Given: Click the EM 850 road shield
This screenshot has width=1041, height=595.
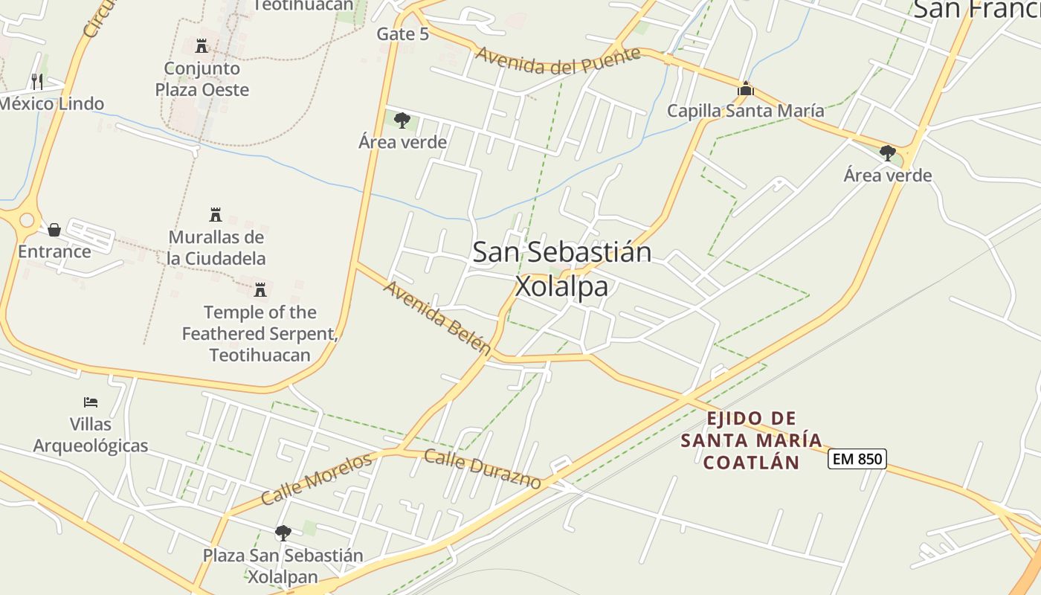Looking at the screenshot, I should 857,459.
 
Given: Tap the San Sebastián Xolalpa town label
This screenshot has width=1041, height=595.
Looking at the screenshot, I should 562,268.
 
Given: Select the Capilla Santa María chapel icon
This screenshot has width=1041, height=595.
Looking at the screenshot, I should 746,89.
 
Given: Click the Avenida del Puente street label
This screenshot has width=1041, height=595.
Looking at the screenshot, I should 558,60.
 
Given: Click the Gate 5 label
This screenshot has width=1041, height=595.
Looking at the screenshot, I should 402,33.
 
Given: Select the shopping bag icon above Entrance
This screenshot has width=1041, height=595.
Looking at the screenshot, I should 54,230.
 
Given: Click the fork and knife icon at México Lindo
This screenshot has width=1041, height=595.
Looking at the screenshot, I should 37,81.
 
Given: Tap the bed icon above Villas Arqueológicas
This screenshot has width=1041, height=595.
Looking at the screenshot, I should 91,402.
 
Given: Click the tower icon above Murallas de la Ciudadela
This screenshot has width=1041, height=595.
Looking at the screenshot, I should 216,215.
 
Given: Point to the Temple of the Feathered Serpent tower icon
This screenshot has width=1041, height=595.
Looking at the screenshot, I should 260,289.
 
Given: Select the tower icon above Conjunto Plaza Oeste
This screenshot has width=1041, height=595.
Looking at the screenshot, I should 202,46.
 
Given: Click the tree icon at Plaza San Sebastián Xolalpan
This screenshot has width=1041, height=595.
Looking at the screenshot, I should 283,533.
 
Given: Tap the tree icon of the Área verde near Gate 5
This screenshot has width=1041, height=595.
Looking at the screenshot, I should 402,120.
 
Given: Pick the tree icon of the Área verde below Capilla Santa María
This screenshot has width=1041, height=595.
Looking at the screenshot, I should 887,153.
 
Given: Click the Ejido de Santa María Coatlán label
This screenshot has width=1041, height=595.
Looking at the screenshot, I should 751,440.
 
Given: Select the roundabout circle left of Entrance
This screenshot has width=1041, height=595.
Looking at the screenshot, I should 28,220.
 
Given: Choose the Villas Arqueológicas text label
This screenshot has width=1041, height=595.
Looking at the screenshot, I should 91,435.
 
